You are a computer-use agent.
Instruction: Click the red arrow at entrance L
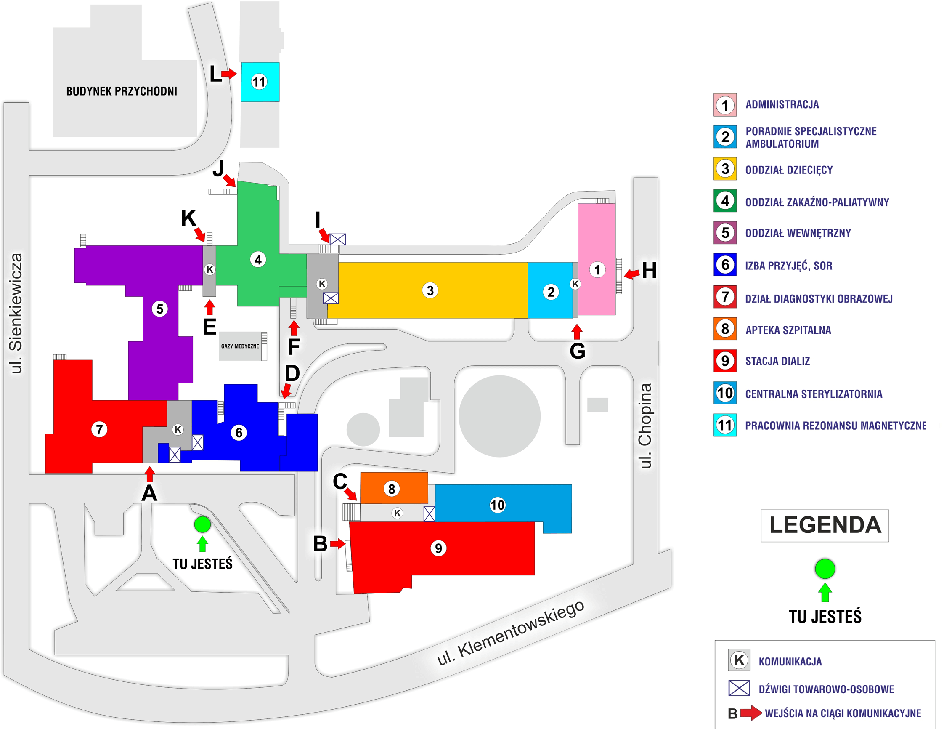[229, 74]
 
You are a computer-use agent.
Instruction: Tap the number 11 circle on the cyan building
[258, 82]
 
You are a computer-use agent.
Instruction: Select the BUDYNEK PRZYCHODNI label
[122, 91]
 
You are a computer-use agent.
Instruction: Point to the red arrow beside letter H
[631, 273]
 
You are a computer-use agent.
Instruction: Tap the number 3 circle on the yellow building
[430, 290]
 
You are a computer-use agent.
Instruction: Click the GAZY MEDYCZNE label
[240, 346]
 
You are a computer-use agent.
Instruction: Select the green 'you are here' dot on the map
[202, 524]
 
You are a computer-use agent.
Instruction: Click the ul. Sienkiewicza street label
[16, 313]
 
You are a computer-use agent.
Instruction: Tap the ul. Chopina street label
[645, 426]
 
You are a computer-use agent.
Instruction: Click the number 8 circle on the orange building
[391, 489]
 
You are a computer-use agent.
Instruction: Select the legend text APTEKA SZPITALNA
[788, 330]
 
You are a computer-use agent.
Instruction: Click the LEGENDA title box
[824, 525]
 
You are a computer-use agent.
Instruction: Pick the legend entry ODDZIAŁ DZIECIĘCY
[788, 170]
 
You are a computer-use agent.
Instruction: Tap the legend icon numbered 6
[725, 265]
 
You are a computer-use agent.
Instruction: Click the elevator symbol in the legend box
[739, 688]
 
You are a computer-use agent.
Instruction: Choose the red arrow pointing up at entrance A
[150, 474]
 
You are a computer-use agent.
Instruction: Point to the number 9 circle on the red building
[438, 548]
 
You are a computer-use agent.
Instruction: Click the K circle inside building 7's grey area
[178, 429]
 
